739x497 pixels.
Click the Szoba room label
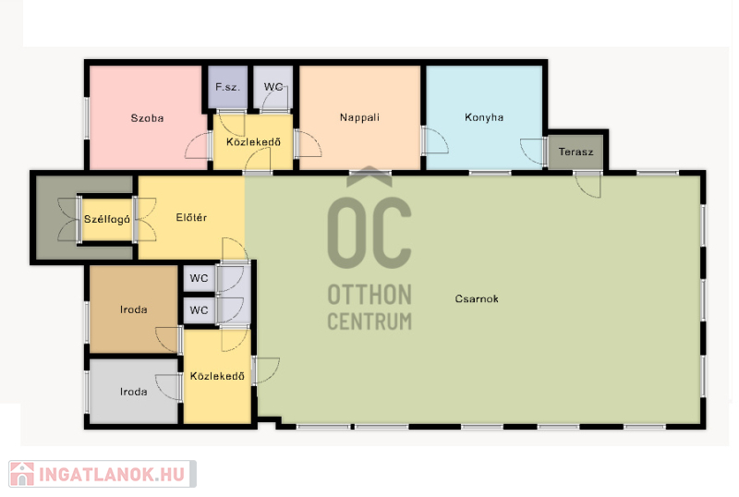coord(147,118)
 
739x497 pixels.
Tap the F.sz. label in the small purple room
coord(227,87)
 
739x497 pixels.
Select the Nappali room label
coord(359,117)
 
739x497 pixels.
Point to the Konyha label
coord(484,117)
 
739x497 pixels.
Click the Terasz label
coord(575,152)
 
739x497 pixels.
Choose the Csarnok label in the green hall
coord(477,298)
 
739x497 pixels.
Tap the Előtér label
coord(191,217)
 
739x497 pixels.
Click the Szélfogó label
coord(107,219)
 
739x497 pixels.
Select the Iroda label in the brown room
coord(133,309)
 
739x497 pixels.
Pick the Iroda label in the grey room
coord(133,392)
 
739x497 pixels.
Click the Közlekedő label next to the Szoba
coord(253,142)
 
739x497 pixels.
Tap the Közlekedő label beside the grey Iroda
coord(217,376)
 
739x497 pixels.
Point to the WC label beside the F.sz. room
coord(273,87)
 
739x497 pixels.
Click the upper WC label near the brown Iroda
coord(199,278)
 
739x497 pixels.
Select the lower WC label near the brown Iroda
coord(199,310)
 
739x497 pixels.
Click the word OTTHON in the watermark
coord(369,295)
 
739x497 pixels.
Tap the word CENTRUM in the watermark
coord(369,321)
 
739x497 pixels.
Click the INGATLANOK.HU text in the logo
coord(112,474)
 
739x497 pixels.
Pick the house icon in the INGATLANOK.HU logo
coord(21,474)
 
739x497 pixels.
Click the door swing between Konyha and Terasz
coord(532,152)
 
